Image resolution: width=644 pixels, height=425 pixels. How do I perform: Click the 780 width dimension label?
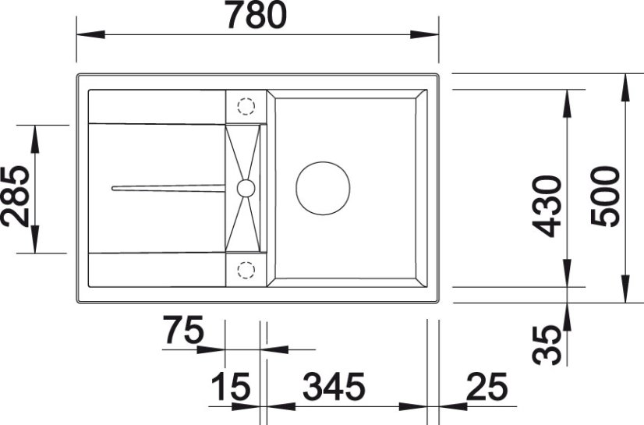pos(257,16)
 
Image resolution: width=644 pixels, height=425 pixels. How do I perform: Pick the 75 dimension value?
pos(183,331)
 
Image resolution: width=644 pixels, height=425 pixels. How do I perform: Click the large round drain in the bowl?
pos(323,188)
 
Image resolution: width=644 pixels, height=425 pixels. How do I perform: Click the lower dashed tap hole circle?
pos(246,270)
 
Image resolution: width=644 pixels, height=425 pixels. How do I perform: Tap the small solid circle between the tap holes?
pos(246,187)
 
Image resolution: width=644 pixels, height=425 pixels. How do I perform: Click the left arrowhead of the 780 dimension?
pos(90,35)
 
